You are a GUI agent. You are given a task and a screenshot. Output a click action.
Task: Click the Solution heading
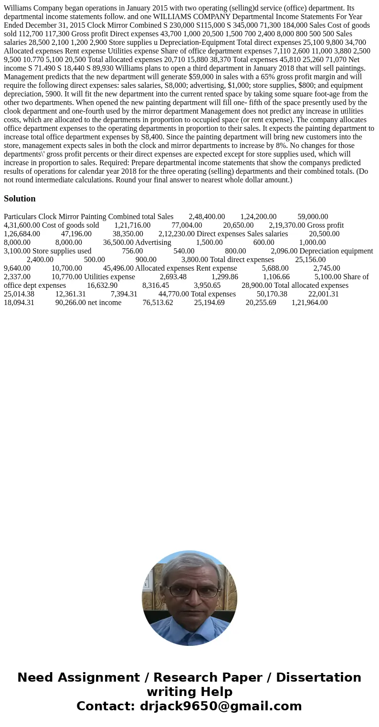[20, 199]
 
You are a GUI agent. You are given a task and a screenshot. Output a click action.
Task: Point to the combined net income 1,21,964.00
[309, 302]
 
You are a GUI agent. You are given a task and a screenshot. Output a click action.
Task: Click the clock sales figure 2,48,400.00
[207, 217]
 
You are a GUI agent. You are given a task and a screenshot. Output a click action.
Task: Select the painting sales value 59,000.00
[313, 217]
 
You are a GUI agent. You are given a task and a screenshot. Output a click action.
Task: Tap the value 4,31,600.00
[22, 225]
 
